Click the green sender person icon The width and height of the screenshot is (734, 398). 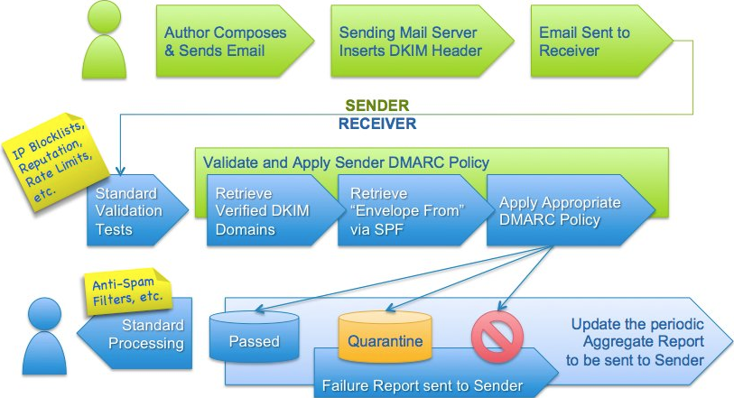[104, 42]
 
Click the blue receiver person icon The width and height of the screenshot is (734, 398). [44, 336]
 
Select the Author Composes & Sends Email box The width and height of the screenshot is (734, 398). [234, 42]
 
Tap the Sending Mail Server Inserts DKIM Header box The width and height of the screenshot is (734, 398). [422, 42]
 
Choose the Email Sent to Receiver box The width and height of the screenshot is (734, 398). [601, 42]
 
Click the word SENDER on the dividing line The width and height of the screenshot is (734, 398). [376, 106]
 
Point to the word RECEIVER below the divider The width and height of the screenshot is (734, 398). [377, 124]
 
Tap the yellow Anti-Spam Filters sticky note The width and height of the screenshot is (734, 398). [127, 291]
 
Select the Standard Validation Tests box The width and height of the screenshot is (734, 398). [136, 210]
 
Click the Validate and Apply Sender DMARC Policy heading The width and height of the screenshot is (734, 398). [346, 162]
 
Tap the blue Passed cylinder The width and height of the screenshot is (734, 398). [255, 337]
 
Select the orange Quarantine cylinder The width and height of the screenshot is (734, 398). [385, 336]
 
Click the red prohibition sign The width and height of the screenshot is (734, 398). [497, 337]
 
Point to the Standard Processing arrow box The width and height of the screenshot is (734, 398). [135, 334]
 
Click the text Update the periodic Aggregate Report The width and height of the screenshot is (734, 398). [636, 342]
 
